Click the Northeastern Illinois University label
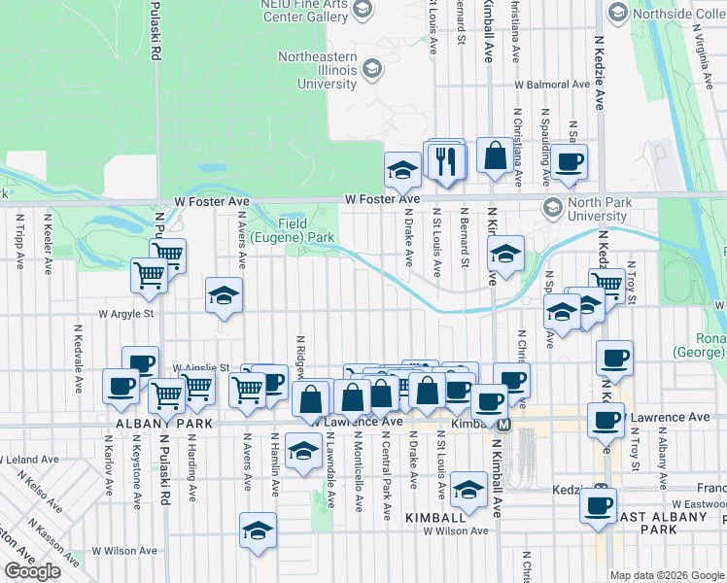tap(317, 70)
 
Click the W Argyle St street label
tap(126, 314)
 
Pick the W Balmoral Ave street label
tap(552, 85)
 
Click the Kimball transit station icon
tap(504, 426)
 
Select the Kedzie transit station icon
tap(603, 490)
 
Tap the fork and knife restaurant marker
tap(446, 159)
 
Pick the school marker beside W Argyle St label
tap(224, 295)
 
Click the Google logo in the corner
tap(33, 571)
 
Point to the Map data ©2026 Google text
tap(667, 575)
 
